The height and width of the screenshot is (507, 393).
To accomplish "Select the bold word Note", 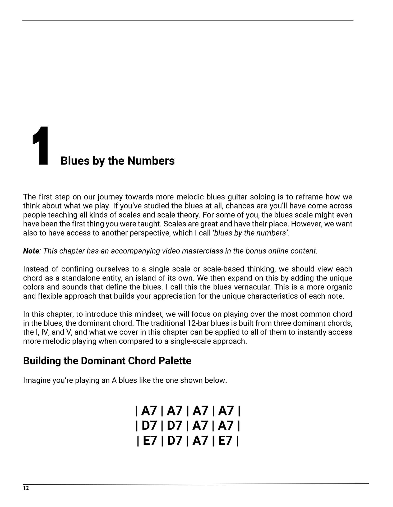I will [31, 251].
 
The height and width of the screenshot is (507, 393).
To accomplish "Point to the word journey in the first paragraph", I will [109, 197].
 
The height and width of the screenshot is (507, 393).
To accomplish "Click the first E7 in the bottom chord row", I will [150, 440].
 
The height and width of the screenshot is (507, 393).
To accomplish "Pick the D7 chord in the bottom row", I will [174, 440].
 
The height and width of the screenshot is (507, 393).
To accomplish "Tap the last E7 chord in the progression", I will [225, 440].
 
